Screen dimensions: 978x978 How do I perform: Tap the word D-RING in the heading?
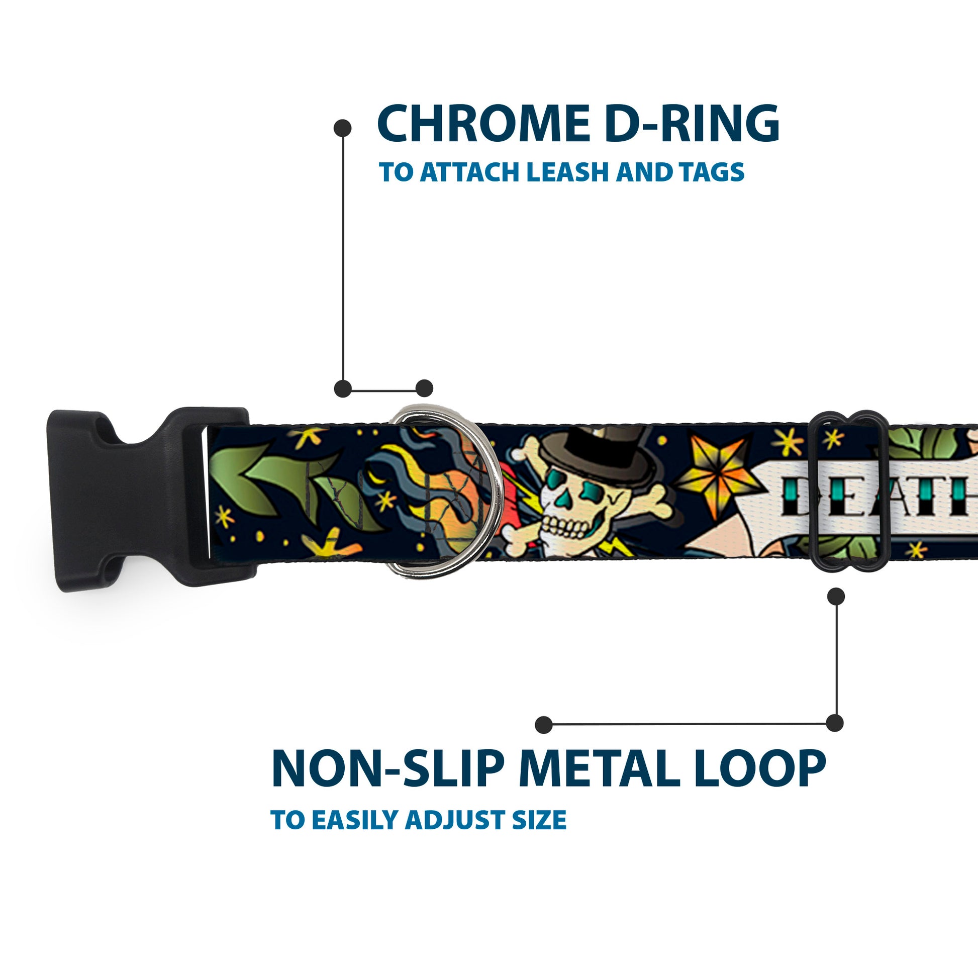(x=692, y=125)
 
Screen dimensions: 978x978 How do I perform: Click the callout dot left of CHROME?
(x=343, y=128)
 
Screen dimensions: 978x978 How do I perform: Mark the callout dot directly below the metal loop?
(x=836, y=597)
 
